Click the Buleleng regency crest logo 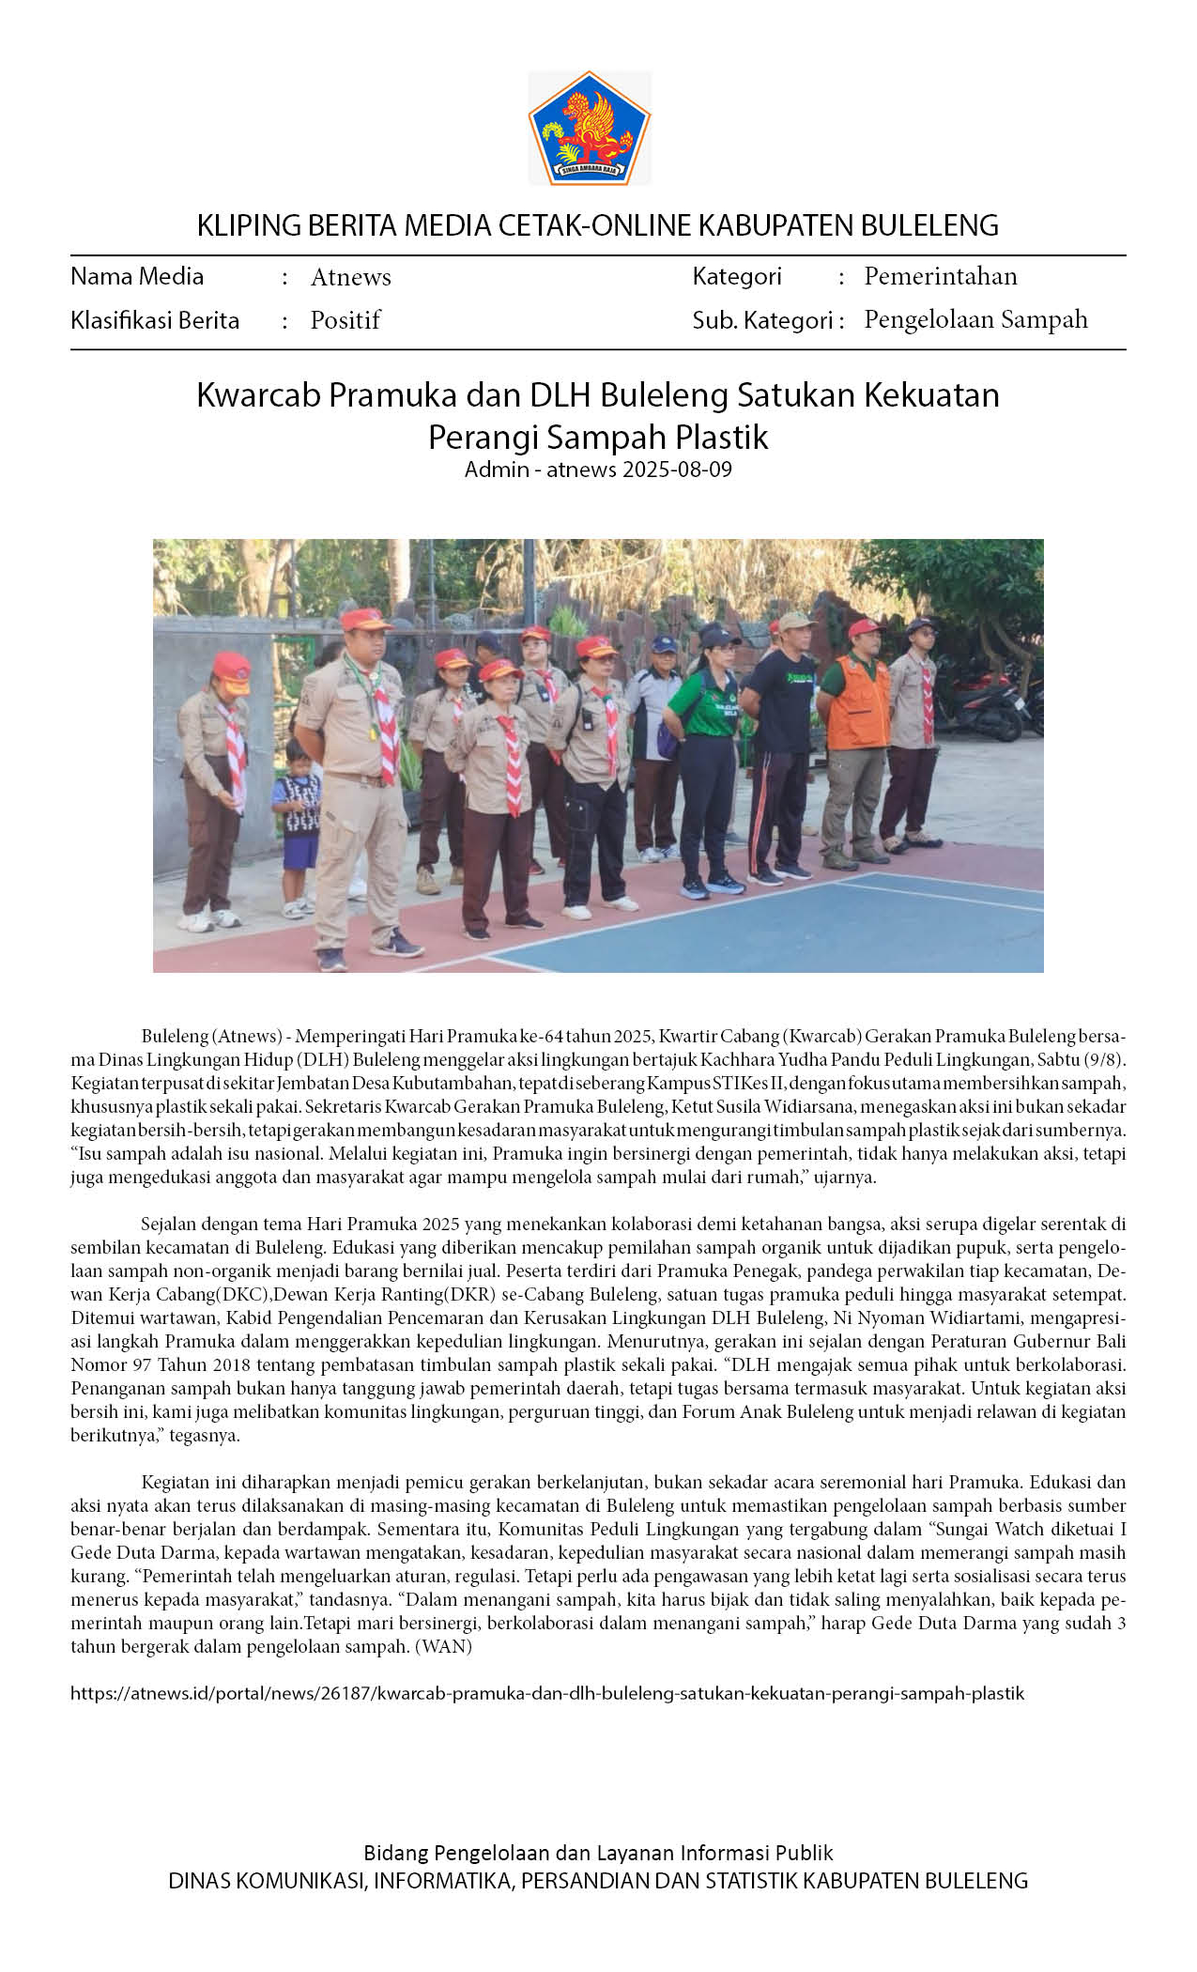tap(589, 129)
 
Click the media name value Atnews tap(350, 277)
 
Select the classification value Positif tap(345, 320)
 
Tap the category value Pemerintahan tap(940, 276)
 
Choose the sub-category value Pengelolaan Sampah tap(975, 319)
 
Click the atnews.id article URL tap(547, 1693)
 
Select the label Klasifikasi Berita tap(155, 321)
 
